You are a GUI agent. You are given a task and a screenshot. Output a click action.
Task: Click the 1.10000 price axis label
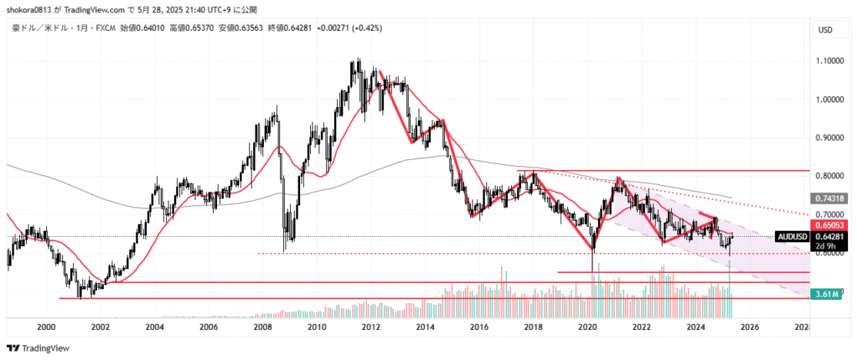click(830, 61)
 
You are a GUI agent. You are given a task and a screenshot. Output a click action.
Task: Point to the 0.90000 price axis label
click(830, 137)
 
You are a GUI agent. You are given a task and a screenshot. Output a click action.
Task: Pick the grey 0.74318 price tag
click(829, 198)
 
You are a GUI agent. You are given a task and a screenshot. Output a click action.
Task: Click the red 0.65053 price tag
click(829, 226)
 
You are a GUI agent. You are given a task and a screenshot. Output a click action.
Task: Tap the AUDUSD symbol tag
click(792, 237)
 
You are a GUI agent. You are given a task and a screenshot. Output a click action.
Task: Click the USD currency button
click(824, 30)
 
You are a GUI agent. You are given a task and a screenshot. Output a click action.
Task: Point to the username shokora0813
click(29, 10)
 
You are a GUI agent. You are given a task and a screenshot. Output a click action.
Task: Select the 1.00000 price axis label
click(830, 100)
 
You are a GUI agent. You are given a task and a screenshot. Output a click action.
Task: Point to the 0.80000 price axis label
click(830, 176)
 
